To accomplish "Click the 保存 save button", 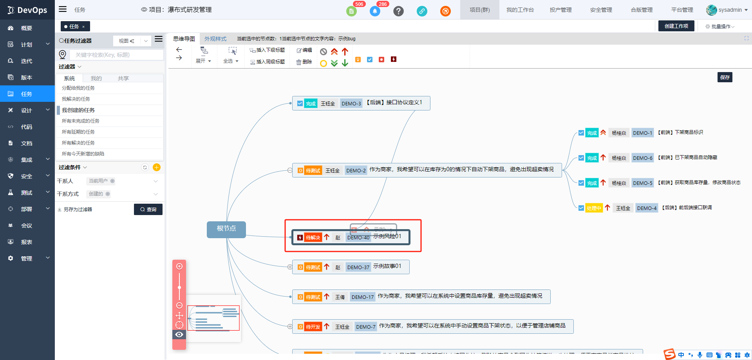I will (x=725, y=77).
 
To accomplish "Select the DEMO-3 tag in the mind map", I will (x=351, y=103).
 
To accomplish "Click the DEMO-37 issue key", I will (x=358, y=267).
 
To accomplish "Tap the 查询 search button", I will (x=148, y=209).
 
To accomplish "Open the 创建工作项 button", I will (x=676, y=26).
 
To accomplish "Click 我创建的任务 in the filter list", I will (x=78, y=110).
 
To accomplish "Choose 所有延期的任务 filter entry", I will (x=78, y=132).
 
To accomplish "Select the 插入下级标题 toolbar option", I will (x=268, y=50).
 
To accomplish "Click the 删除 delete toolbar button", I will (x=304, y=62).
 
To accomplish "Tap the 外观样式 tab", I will (x=215, y=39).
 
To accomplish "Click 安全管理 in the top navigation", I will (x=601, y=10).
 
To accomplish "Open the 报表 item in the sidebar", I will (x=27, y=242).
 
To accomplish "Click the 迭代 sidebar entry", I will (x=27, y=61).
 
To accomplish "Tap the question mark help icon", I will (x=398, y=11).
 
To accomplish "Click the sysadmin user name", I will (x=730, y=10).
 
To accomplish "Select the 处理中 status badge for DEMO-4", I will (x=594, y=208).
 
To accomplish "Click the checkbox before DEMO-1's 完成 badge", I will (x=581, y=133).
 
